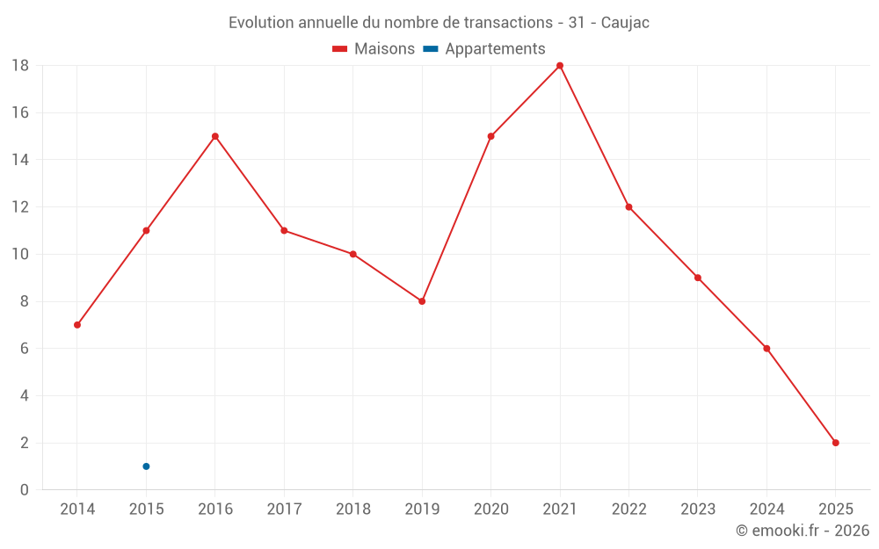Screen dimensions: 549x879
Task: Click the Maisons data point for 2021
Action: tap(560, 66)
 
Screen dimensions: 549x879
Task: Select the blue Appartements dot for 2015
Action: tap(146, 466)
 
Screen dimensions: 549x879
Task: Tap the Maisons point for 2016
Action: tap(214, 136)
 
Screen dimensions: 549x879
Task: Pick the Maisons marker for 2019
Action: tap(422, 301)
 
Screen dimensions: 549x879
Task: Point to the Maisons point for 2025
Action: tap(835, 443)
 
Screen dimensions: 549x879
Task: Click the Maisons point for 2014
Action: tap(77, 325)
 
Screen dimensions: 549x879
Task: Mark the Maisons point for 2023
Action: tap(698, 278)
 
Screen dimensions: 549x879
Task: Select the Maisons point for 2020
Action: tap(490, 136)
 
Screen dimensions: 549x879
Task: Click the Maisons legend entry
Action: tap(374, 49)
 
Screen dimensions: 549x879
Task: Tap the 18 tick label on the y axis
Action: tap(20, 66)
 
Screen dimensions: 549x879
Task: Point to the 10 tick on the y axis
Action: tap(20, 255)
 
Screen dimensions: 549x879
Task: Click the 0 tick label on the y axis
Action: tap(25, 490)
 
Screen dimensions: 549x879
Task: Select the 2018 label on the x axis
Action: tap(352, 509)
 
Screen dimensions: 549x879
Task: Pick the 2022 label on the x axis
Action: tap(628, 509)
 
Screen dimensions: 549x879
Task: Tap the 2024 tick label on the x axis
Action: tap(766, 509)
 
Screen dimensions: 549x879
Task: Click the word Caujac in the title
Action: tap(625, 23)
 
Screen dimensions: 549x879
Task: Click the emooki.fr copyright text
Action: tap(803, 531)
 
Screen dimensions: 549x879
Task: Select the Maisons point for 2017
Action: tap(284, 230)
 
